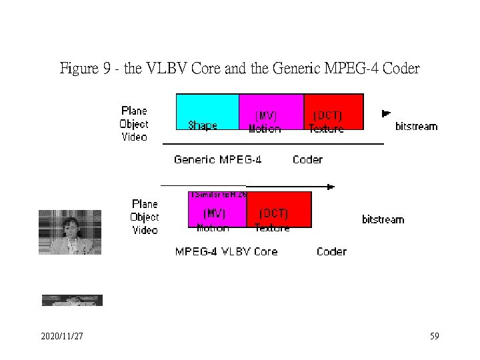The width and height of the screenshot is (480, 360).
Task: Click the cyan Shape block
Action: [x=207, y=111]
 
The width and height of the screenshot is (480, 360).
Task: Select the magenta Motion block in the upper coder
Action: [x=270, y=111]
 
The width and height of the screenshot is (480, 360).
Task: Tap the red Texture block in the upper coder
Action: [x=333, y=111]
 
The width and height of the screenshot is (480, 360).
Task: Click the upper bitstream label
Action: [x=416, y=126]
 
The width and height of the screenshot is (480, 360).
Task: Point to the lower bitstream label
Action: [x=383, y=219]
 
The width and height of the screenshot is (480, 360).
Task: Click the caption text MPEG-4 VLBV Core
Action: [x=226, y=251]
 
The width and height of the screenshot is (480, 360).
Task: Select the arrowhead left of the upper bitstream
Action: [x=385, y=113]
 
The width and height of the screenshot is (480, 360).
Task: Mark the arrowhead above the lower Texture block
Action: [x=330, y=187]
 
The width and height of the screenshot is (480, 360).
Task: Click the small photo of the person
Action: [x=69, y=232]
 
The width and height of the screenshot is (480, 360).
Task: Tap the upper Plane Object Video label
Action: [x=134, y=124]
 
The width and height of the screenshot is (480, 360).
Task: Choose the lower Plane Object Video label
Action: [x=145, y=217]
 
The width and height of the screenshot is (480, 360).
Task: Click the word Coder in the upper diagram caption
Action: [x=307, y=159]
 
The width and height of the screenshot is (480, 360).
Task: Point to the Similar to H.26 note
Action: [x=218, y=195]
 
